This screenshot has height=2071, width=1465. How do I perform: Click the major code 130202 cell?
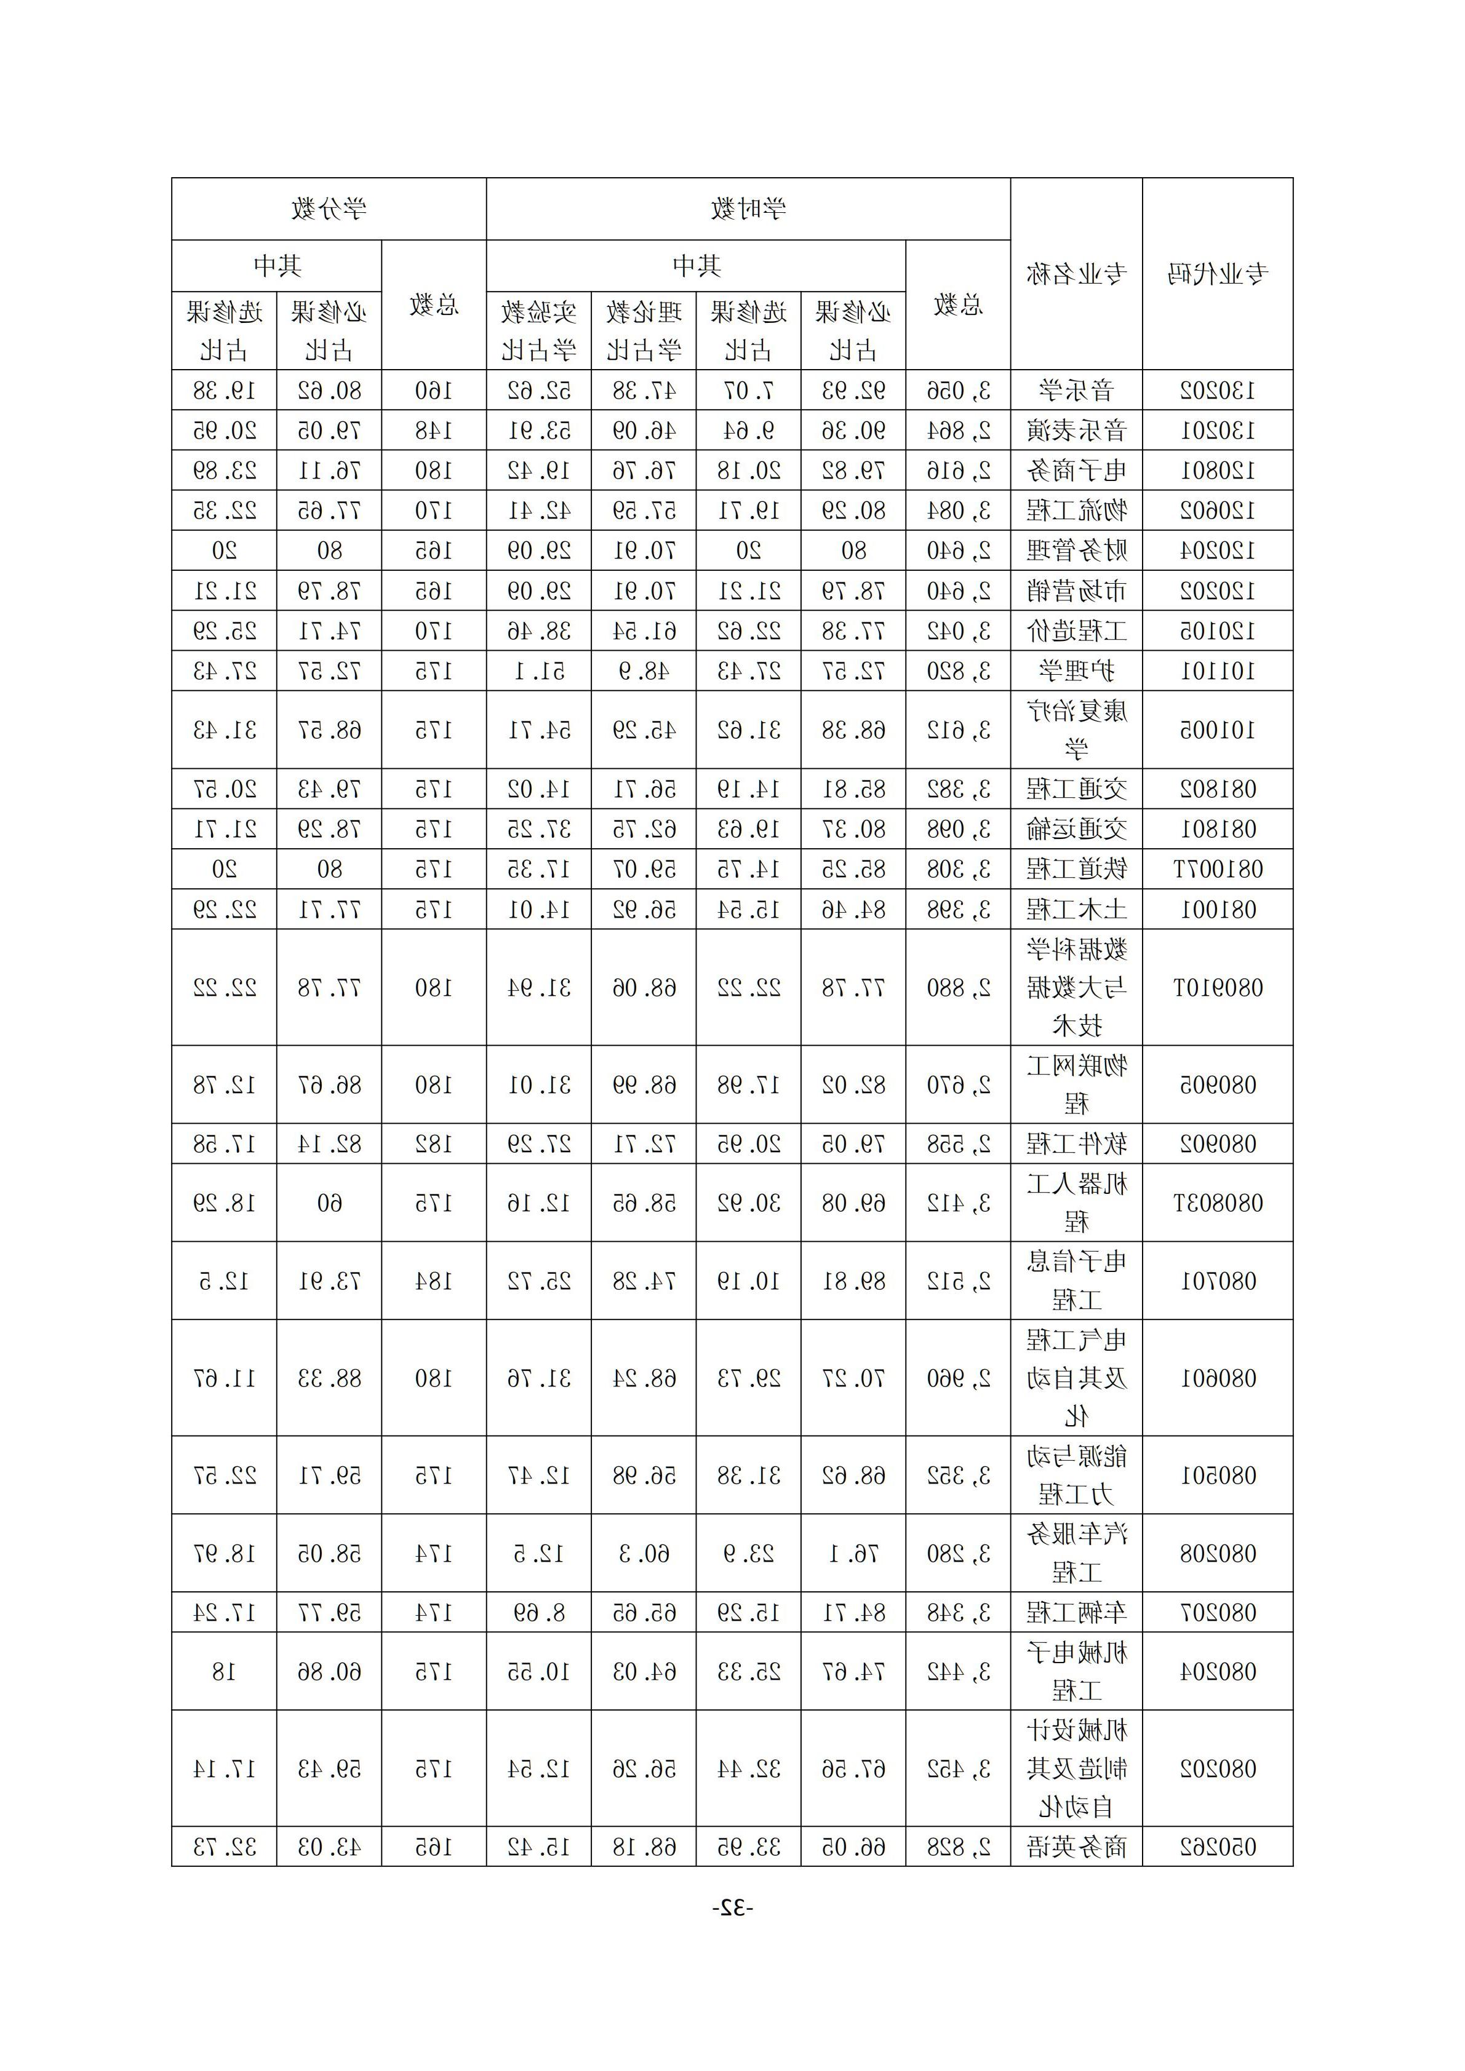tap(1217, 391)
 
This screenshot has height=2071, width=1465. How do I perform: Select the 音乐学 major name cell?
tap(1076, 391)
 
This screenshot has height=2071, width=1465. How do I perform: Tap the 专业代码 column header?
tap(1217, 273)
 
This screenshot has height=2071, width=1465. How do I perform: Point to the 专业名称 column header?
tap(1076, 273)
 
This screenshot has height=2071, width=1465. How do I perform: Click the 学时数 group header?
tap(747, 209)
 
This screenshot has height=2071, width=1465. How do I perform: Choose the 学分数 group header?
tap(329, 209)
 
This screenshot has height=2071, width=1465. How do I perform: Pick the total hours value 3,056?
tap(958, 391)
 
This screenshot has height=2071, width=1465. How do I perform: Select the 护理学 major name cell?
tap(1076, 670)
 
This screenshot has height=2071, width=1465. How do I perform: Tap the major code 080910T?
tap(1217, 988)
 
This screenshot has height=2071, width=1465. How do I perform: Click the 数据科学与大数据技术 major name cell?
tap(1076, 988)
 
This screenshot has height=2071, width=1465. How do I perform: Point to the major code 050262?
tap(1217, 1846)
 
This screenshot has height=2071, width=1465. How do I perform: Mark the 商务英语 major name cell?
tap(1076, 1846)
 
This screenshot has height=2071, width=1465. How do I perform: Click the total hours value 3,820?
tap(958, 670)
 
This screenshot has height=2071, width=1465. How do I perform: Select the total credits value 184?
tap(433, 1281)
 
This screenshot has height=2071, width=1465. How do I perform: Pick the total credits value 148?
tap(433, 431)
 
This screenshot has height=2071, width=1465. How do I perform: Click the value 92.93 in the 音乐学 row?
tap(852, 391)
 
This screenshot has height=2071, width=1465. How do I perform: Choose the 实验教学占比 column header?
tap(538, 331)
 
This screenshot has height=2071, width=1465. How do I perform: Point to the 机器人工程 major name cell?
tap(1076, 1202)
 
